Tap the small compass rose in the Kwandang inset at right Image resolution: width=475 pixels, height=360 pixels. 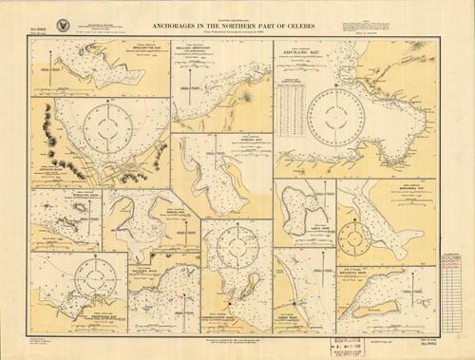click(356, 235)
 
